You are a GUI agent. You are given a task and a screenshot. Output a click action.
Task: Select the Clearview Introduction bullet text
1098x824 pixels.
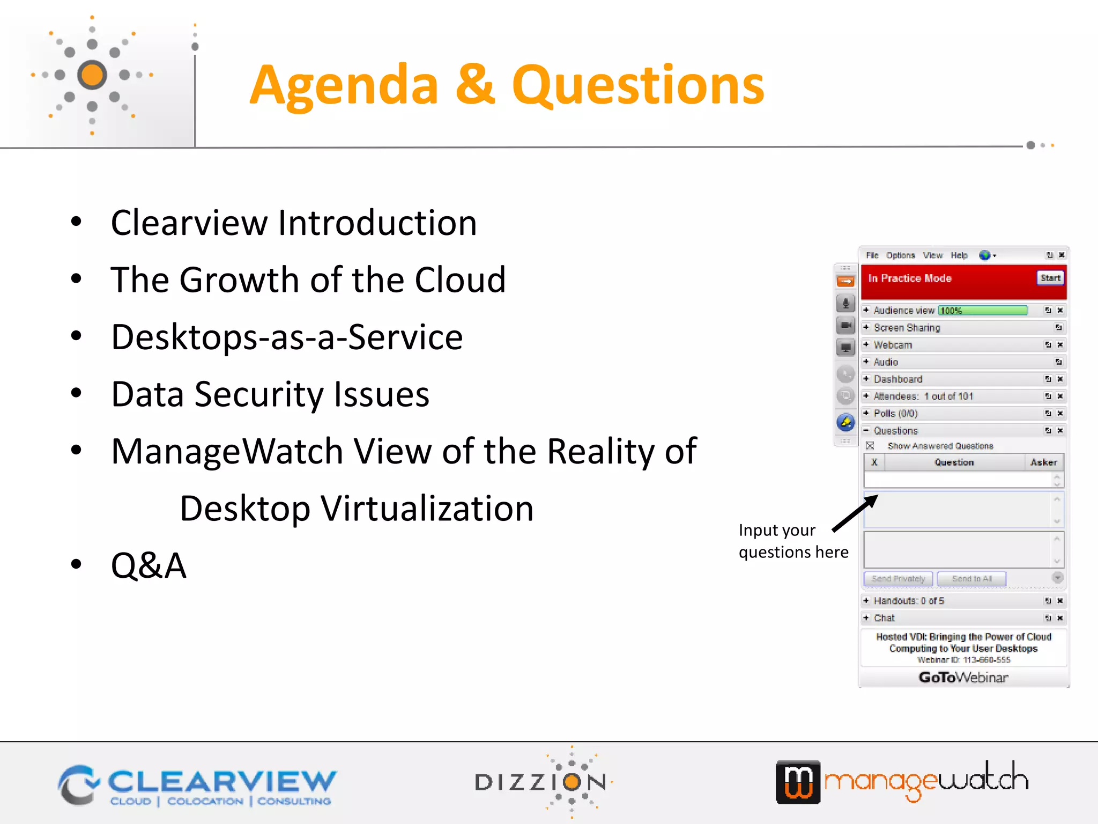(x=293, y=223)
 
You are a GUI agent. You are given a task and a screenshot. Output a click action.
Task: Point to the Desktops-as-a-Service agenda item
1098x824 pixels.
(x=287, y=337)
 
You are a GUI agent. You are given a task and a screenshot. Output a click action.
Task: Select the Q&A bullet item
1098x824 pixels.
(x=149, y=565)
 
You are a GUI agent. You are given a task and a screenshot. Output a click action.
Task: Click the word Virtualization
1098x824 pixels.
(x=427, y=508)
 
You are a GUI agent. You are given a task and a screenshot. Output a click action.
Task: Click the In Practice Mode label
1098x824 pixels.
(x=909, y=278)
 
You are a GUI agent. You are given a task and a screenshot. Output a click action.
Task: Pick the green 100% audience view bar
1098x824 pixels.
(x=982, y=311)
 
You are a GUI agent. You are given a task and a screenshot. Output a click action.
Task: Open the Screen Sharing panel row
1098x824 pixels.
(x=907, y=328)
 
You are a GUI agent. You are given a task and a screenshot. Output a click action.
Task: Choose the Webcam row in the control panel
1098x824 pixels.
(x=893, y=345)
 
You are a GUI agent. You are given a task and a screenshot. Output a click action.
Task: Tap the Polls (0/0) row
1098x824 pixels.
(x=895, y=414)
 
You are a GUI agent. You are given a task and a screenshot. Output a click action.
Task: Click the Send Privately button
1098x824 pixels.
(x=898, y=579)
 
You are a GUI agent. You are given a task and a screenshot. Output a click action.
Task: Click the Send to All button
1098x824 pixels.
(x=971, y=579)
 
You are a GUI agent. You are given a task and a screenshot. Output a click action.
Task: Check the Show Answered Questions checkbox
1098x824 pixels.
(x=870, y=446)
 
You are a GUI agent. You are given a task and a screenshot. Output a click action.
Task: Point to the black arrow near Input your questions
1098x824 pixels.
(x=855, y=513)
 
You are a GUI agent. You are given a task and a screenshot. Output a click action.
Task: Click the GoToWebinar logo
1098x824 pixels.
(x=963, y=678)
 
